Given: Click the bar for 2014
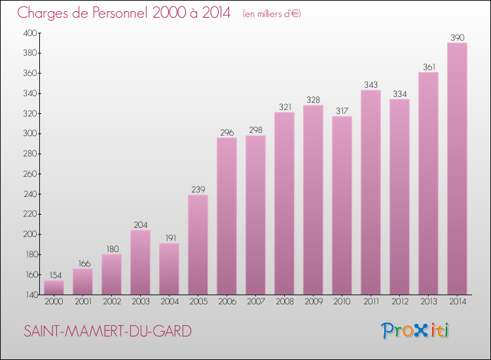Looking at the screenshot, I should point(457,169).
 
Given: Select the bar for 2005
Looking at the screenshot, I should point(198,245).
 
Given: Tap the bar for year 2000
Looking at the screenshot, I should point(54,287).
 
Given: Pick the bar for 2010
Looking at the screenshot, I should point(342,205).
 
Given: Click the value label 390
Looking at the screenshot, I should point(457,37).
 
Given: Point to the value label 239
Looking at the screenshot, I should point(198,189).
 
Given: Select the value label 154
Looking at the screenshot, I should point(54,275).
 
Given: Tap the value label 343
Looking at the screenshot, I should point(371,84).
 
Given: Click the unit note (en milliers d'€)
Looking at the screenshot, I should point(271,14).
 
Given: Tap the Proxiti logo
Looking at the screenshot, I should point(416,331).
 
